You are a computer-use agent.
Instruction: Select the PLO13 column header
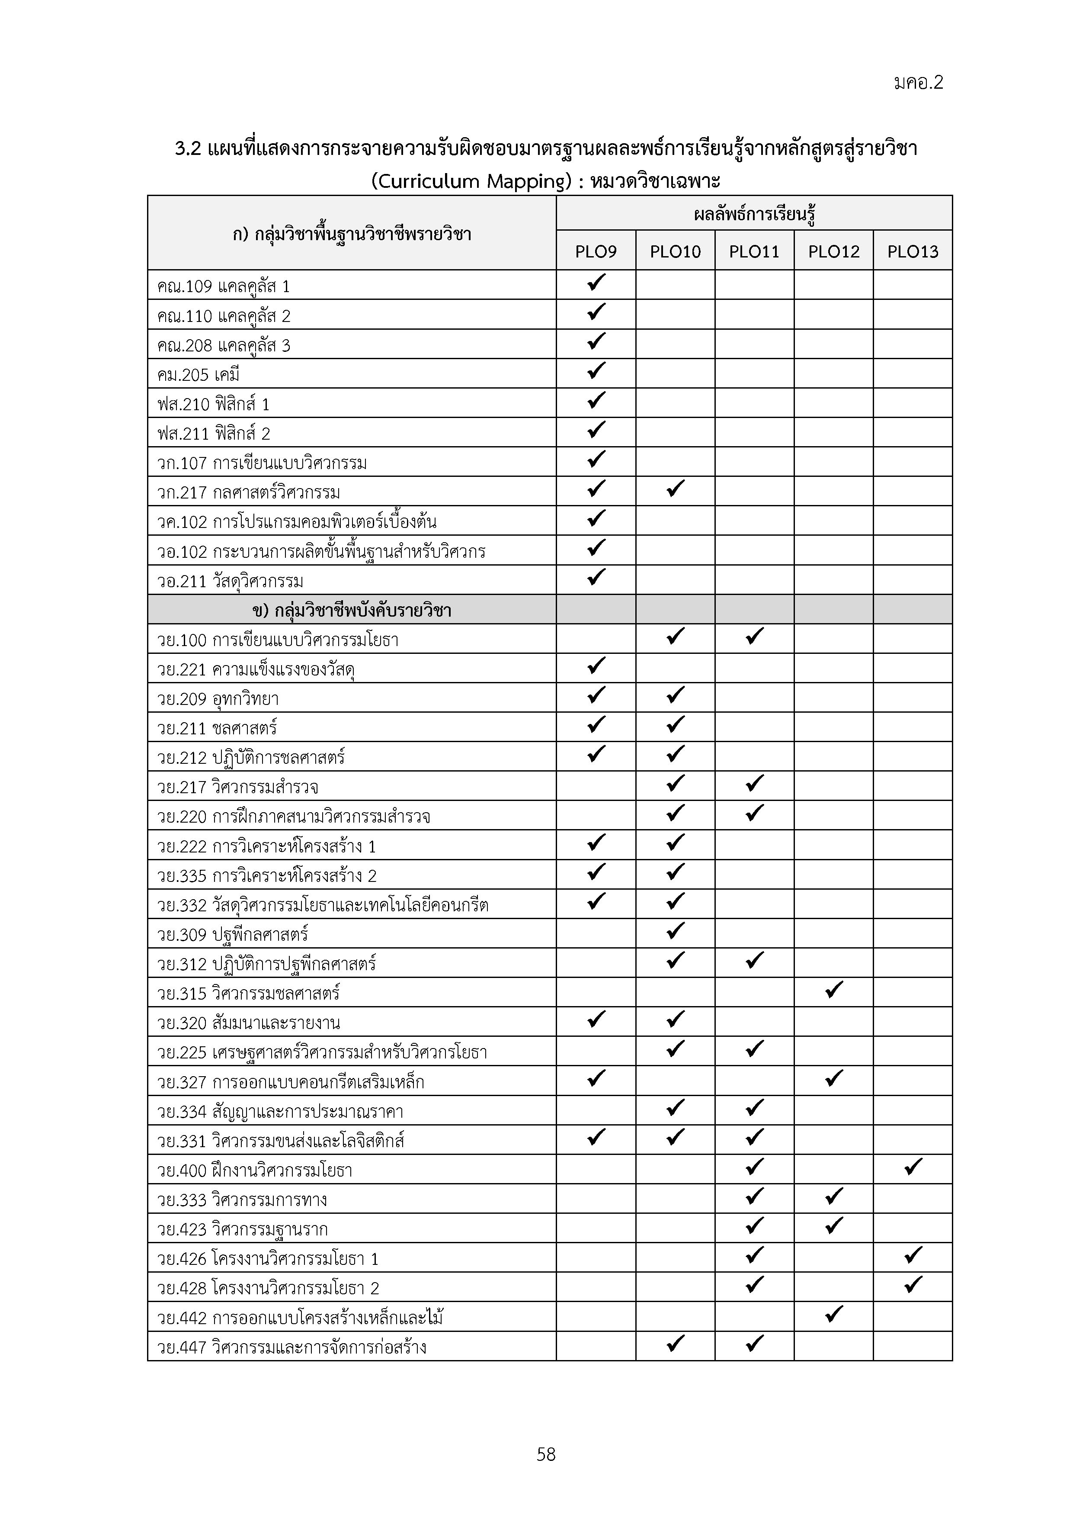913,251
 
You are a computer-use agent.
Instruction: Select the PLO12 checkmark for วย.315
834,990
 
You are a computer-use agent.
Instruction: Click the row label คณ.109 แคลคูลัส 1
223,286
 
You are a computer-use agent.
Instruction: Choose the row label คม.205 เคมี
198,375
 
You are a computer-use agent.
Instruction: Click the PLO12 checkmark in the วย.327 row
834,1078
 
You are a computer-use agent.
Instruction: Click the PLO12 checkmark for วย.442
834,1314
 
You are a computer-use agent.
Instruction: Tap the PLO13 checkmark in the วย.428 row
913,1285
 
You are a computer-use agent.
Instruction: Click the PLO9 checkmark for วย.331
596,1137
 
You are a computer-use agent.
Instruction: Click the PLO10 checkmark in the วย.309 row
675,931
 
